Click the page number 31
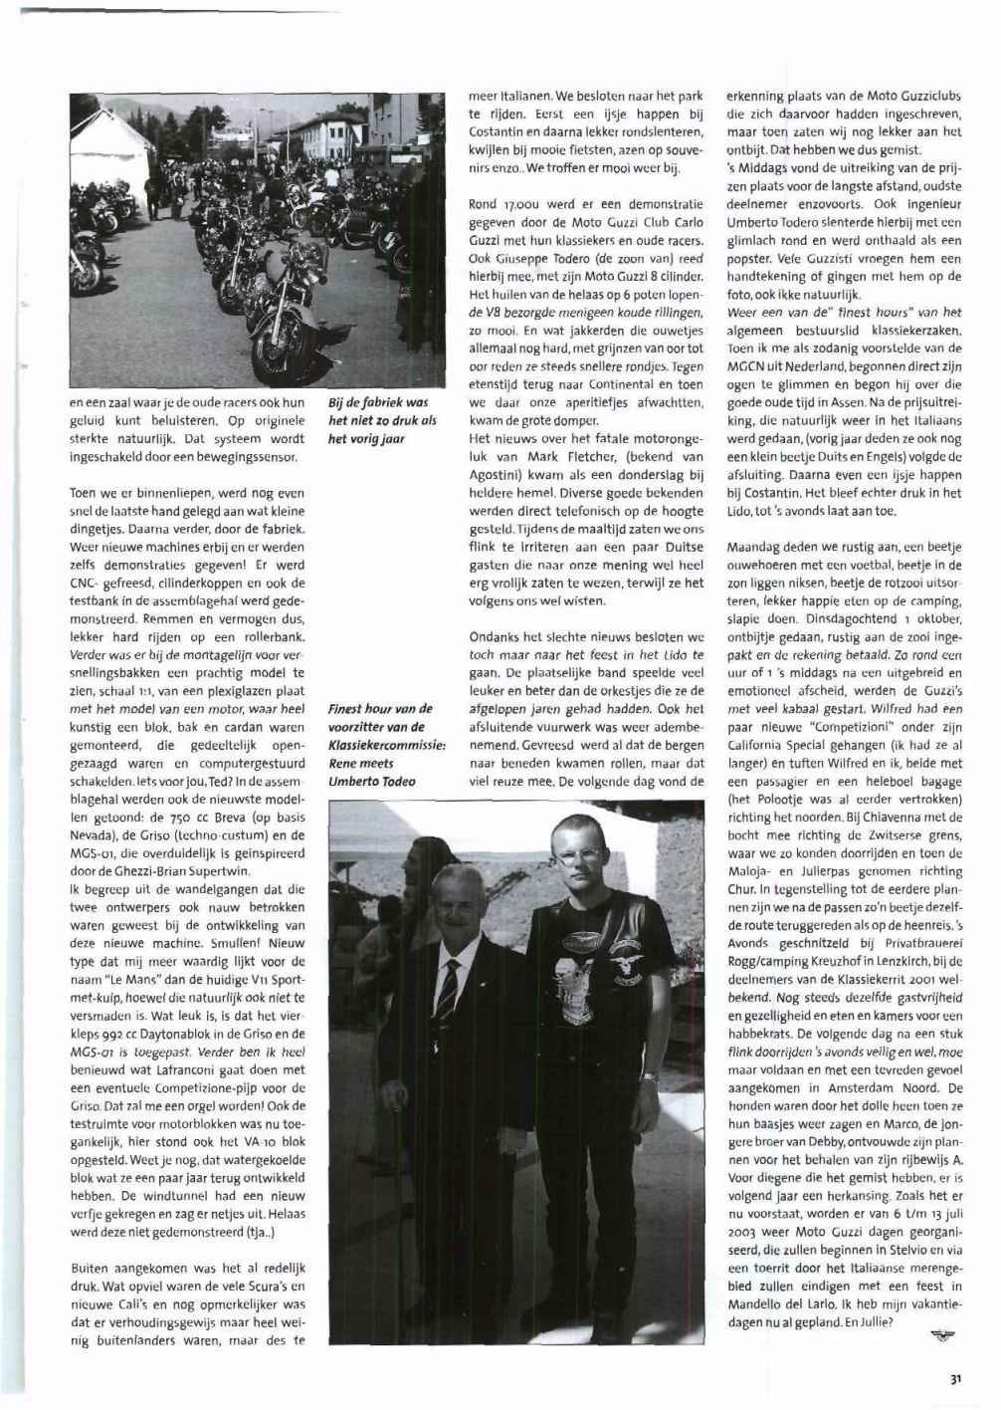[954, 1378]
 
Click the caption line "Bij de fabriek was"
[377, 403]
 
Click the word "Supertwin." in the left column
[218, 871]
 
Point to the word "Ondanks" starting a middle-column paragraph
[495, 637]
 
